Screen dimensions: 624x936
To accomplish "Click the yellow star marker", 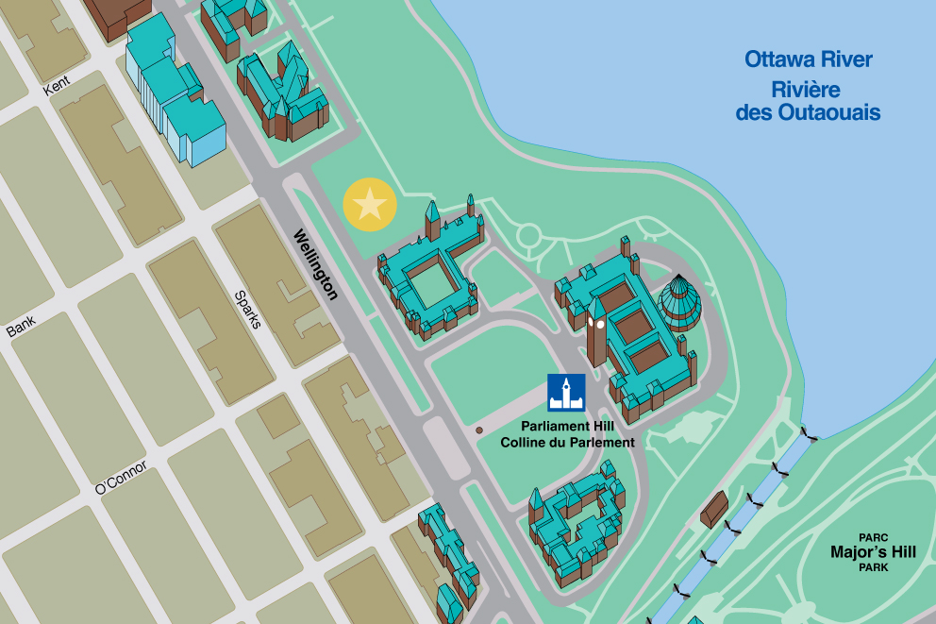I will (370, 204).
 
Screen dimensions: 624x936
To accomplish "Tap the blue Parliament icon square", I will (567, 393).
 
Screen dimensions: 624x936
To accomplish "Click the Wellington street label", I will (315, 264).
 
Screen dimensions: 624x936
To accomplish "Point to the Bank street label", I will (21, 327).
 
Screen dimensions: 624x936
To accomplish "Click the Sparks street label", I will (247, 310).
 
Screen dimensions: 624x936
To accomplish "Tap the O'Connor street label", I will (121, 478).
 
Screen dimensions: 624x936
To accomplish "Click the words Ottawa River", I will (809, 59).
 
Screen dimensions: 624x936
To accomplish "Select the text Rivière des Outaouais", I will (808, 102).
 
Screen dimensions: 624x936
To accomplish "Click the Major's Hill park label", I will (874, 551).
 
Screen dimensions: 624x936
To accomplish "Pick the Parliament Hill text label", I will (567, 427).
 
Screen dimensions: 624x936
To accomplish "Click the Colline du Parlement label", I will (567, 442).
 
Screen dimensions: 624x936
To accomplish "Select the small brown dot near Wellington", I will (479, 430).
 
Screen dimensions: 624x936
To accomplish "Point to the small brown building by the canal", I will (714, 509).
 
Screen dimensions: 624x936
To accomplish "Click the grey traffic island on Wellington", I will (445, 447).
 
